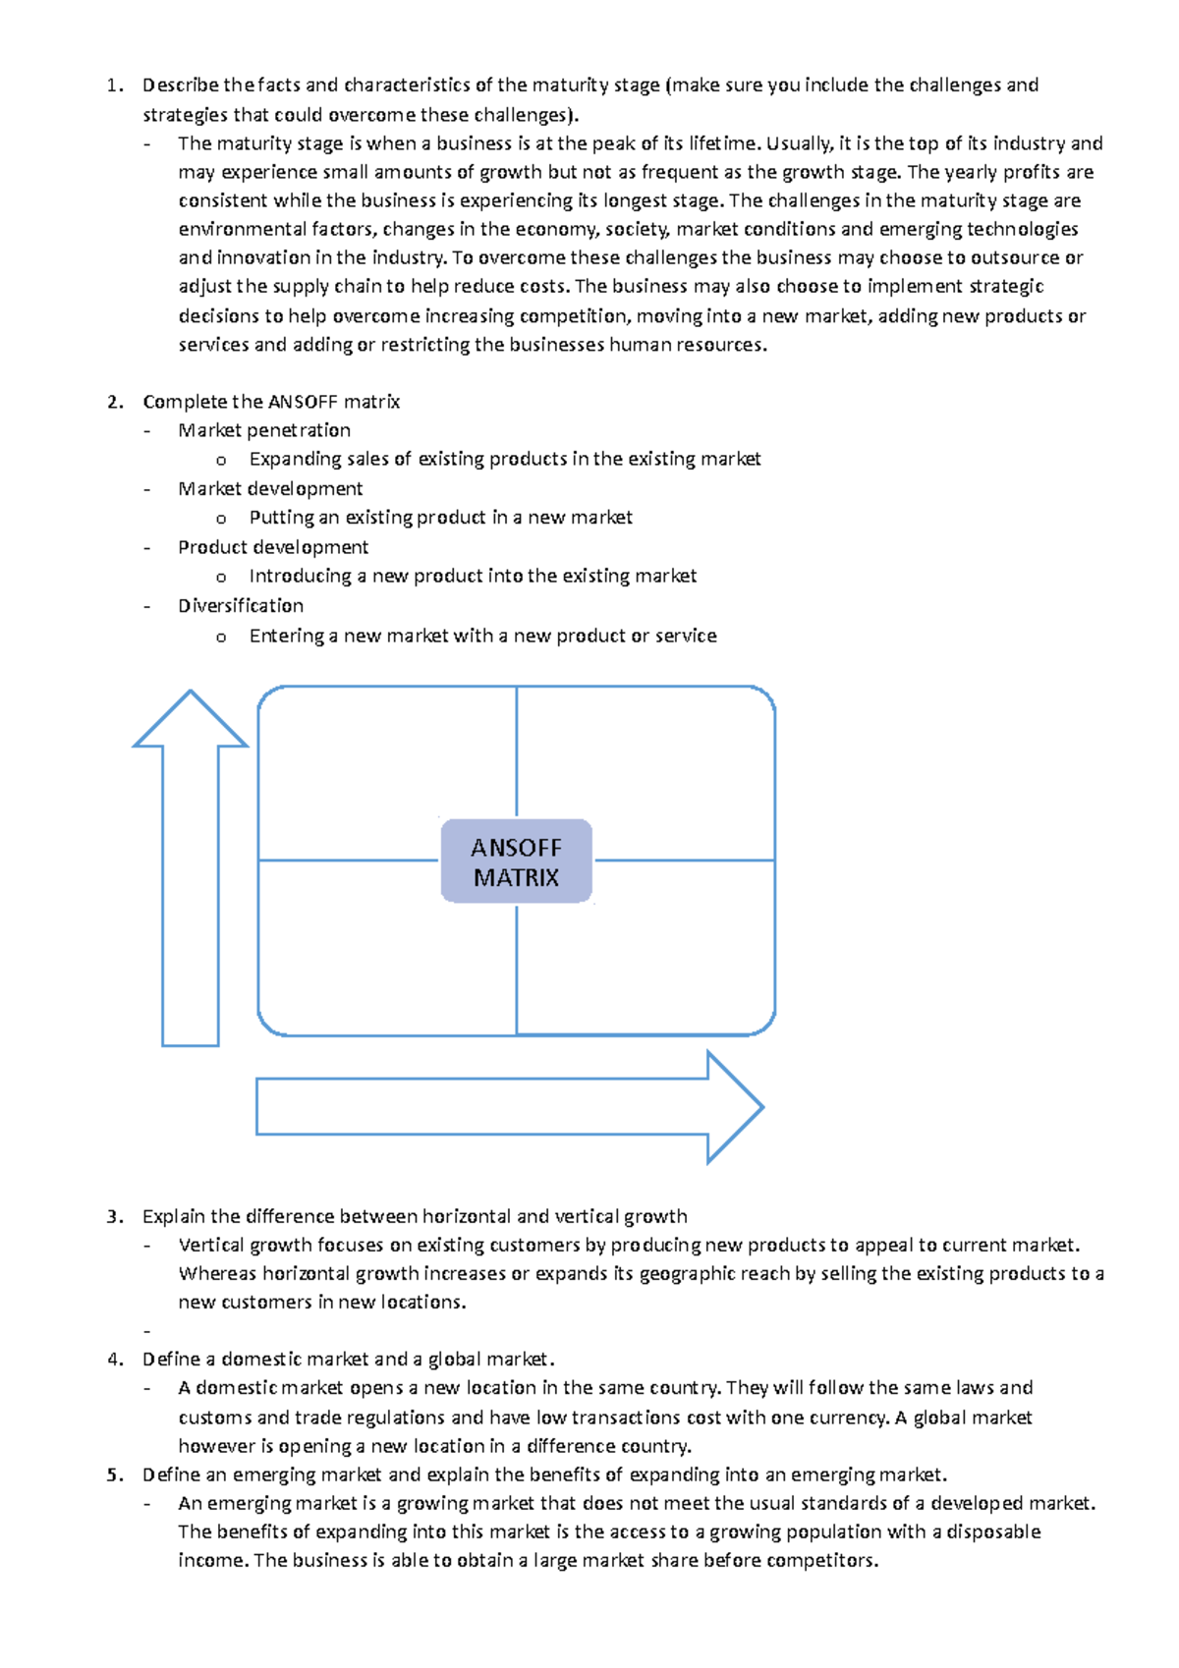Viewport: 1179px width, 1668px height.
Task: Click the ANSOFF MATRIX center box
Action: (x=516, y=862)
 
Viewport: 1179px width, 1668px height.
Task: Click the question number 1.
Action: (x=114, y=85)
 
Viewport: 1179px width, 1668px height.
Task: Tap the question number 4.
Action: (x=115, y=1360)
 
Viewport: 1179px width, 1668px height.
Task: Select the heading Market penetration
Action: (x=264, y=430)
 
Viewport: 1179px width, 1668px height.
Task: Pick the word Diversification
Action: (x=241, y=606)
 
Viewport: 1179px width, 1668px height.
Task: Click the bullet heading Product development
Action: (x=273, y=547)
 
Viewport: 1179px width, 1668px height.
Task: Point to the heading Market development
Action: (x=270, y=489)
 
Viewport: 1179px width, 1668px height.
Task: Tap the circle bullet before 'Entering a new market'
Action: (x=221, y=638)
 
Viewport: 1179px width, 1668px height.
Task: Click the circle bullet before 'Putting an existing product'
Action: (x=221, y=519)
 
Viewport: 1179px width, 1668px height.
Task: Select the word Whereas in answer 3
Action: (x=217, y=1274)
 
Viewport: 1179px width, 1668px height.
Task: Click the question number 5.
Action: (x=115, y=1474)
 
